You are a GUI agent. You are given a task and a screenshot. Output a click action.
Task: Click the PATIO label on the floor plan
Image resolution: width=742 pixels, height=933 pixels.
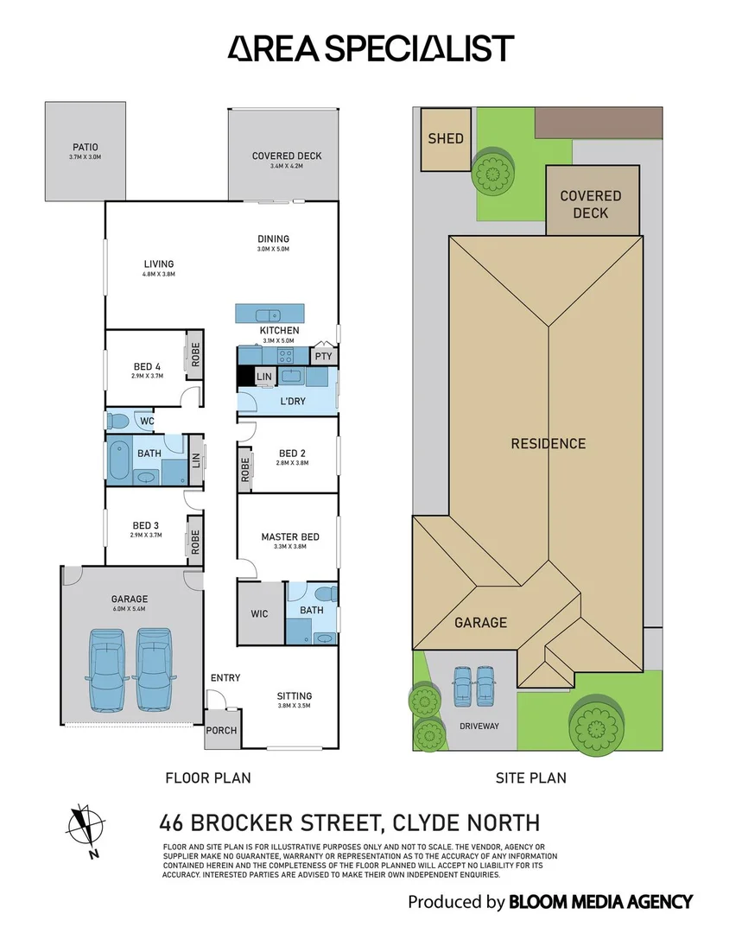pos(86,148)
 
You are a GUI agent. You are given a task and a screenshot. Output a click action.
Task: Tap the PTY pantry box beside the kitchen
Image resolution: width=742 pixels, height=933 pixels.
pos(323,356)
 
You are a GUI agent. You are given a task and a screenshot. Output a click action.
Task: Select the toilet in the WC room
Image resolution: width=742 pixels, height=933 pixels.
pos(118,421)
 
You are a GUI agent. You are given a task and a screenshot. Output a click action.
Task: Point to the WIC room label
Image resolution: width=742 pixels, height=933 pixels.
pos(260,613)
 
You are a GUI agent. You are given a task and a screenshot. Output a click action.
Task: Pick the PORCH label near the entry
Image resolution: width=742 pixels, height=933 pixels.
pos(220,731)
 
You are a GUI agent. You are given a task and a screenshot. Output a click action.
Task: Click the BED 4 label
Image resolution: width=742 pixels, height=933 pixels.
pos(146,366)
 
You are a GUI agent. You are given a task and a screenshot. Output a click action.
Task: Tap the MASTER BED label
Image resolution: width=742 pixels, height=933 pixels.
pos(290,537)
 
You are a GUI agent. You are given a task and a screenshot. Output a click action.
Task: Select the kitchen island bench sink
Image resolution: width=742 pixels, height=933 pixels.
pos(269,314)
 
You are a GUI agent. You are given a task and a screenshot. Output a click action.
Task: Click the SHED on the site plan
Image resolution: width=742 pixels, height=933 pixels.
pos(446,138)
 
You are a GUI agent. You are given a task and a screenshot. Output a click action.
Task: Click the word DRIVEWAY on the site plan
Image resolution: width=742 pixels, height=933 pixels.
pos(479,726)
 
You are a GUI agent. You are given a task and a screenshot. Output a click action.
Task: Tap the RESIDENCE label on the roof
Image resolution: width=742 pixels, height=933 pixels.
pos(548,444)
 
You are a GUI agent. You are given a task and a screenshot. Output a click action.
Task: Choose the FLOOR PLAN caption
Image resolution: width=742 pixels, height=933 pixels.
pos(208,778)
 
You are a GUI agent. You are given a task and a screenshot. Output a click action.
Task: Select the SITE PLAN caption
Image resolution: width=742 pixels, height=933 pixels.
pos(531,778)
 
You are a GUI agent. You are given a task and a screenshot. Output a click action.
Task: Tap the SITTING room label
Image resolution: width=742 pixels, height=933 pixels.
pos(294,696)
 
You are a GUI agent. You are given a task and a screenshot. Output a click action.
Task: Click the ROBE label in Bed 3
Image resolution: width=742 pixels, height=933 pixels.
pos(195,542)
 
